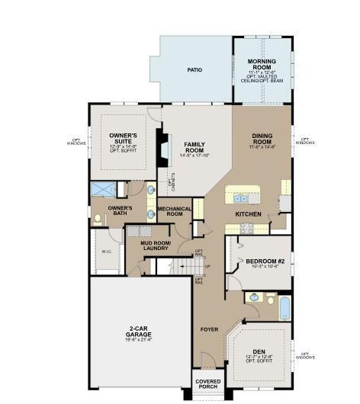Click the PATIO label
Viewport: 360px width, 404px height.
click(195, 69)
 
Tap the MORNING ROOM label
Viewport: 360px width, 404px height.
click(261, 64)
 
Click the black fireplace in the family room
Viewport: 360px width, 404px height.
click(162, 147)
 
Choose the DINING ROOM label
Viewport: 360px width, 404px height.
click(262, 139)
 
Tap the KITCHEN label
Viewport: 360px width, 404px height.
click(248, 214)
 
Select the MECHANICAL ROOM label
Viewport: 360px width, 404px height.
click(175, 211)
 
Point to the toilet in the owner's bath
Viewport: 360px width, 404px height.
click(97, 219)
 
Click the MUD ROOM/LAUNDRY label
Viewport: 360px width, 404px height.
click(156, 246)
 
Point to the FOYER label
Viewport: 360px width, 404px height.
click(209, 329)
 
